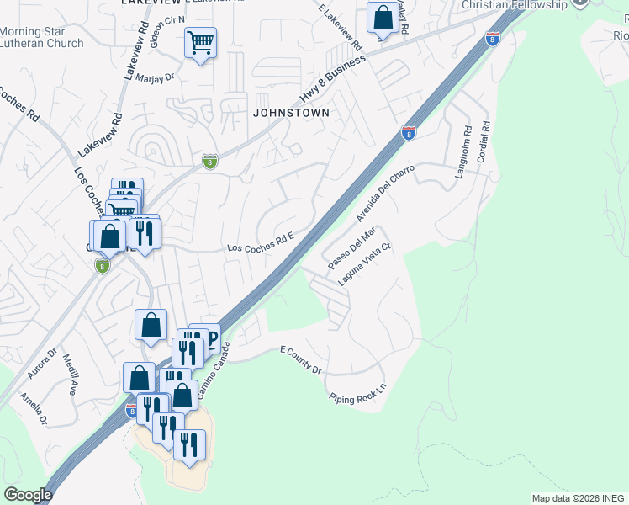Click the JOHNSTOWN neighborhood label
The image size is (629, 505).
click(288, 112)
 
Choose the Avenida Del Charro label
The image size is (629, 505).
click(387, 192)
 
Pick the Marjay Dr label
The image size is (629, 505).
click(158, 77)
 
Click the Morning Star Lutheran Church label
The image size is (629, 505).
click(42, 38)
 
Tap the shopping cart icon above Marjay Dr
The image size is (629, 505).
click(200, 42)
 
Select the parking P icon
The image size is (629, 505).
click(211, 339)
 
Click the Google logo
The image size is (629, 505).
click(28, 494)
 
